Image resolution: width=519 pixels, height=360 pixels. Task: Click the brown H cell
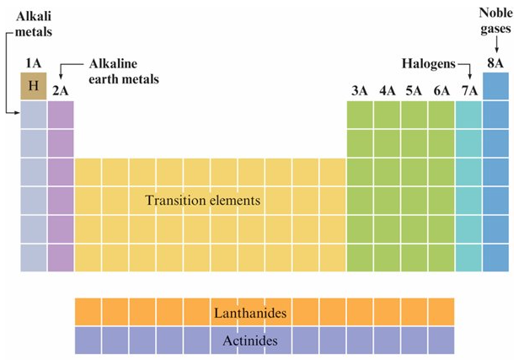(x=34, y=86)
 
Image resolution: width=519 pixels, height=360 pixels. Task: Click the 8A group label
(x=495, y=64)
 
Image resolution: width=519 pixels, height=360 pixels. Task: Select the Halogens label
(x=426, y=64)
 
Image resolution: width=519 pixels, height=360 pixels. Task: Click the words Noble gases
(x=495, y=22)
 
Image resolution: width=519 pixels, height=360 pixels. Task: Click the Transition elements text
(x=202, y=201)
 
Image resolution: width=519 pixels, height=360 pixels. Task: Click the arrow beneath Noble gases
(x=495, y=47)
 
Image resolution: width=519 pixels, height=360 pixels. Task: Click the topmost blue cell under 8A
(x=495, y=86)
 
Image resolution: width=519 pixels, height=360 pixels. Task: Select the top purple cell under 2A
(x=61, y=115)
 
